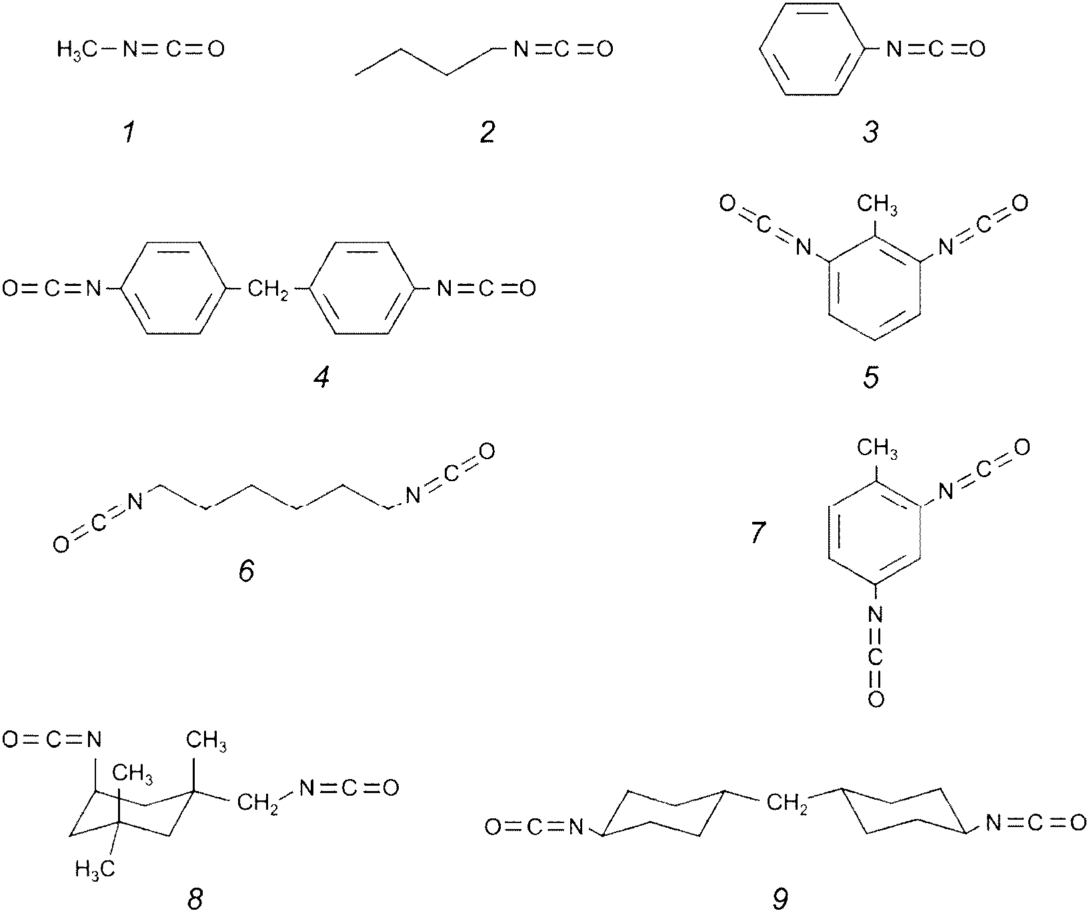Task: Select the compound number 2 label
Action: point(487,133)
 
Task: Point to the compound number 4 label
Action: point(321,378)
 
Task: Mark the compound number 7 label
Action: point(758,533)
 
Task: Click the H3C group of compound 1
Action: point(77,49)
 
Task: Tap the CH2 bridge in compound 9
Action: point(788,804)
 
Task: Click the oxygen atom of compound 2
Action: point(604,49)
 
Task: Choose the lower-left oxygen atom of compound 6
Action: point(61,544)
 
